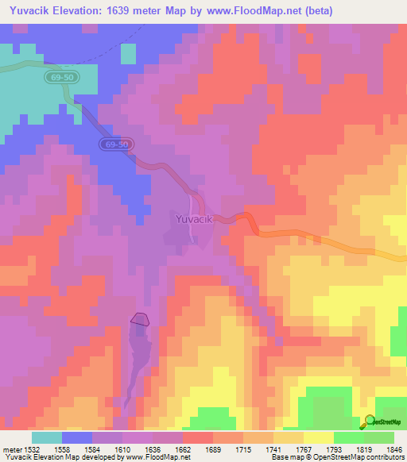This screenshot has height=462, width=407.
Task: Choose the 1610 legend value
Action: pyautogui.click(x=124, y=449)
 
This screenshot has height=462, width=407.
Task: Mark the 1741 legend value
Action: pyautogui.click(x=275, y=449)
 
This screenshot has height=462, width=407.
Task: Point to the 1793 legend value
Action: pyautogui.click(x=335, y=449)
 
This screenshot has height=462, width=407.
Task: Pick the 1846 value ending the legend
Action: pyautogui.click(x=393, y=449)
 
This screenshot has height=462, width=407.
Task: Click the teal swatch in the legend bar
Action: pyautogui.click(x=47, y=437)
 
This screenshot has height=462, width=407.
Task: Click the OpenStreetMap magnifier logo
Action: pyautogui.click(x=370, y=421)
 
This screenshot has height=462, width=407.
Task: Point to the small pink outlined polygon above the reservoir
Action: pyautogui.click(x=140, y=319)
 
